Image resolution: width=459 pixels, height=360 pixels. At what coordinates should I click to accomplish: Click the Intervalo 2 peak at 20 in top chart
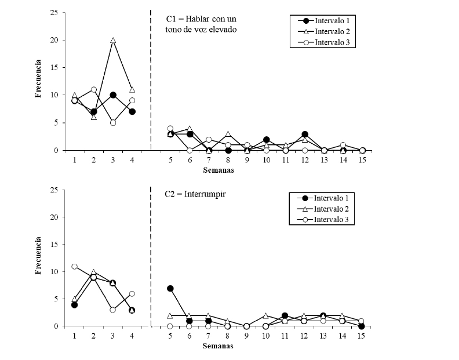point(112,41)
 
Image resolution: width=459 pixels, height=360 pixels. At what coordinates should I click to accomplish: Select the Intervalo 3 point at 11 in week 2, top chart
point(93,90)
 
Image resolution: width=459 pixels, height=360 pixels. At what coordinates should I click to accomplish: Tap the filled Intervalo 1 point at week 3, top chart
point(112,95)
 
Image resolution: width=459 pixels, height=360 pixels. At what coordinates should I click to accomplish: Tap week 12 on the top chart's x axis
point(305,160)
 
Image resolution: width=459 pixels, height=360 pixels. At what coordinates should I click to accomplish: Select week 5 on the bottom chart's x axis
point(170,336)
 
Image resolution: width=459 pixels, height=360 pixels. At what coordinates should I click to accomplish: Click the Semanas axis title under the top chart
point(218,170)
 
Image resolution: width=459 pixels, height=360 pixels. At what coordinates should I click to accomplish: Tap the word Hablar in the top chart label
point(203,19)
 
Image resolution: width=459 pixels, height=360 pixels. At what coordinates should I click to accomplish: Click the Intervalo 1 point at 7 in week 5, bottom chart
point(170,288)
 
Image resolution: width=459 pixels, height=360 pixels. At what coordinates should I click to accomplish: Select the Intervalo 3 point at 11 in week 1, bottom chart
point(74,266)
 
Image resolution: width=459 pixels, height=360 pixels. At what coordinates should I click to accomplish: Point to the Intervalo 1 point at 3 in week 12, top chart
point(305,134)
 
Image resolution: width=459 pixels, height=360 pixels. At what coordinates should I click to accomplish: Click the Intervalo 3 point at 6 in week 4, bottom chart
point(132,294)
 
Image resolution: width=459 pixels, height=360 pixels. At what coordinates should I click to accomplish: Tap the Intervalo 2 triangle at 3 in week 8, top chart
point(228,134)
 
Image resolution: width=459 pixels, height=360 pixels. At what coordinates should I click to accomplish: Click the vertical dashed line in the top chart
point(151,81)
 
